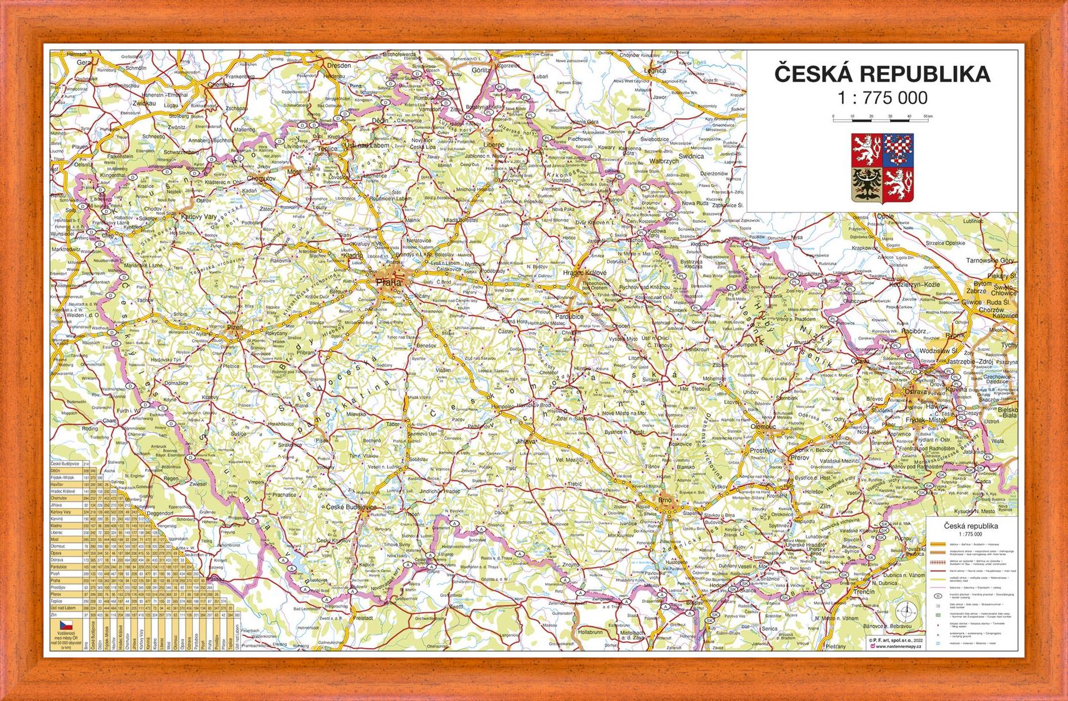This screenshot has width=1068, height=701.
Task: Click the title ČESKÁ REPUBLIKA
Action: (x=882, y=75)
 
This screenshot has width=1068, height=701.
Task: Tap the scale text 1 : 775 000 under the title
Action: (x=882, y=98)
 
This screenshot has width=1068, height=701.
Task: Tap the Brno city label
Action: (x=665, y=500)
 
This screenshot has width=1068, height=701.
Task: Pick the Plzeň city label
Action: (x=235, y=328)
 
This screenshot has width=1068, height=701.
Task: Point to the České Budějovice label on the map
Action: (x=351, y=508)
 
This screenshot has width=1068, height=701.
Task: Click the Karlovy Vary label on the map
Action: (x=199, y=217)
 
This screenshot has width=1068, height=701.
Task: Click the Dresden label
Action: (x=339, y=65)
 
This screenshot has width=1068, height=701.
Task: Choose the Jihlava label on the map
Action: (x=526, y=442)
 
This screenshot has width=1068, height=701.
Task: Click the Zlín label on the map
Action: (x=825, y=507)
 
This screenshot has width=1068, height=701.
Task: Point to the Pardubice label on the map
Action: (x=569, y=316)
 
